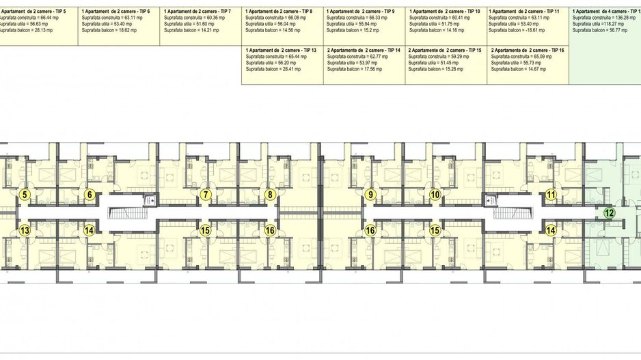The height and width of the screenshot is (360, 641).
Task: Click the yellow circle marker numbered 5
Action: pos(25,195)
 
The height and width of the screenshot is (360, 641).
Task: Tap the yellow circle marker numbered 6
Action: pos(89,195)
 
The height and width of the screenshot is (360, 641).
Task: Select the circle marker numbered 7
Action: pos(206,195)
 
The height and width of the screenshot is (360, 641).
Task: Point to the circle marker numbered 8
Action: pos(271,195)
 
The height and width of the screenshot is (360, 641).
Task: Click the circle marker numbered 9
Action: pos(370,195)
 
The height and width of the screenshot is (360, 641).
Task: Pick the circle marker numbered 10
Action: pos(435,195)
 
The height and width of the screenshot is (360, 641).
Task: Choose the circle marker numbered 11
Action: pos(551,195)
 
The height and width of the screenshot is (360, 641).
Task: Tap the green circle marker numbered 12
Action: pos(610,212)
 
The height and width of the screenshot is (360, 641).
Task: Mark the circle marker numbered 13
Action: pos(25,230)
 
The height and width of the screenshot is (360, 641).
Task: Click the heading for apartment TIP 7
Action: pos(197,12)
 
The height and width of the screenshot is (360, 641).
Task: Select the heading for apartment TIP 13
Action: pos(281,51)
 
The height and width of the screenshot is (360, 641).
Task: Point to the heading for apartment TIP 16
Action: pos(528,51)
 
